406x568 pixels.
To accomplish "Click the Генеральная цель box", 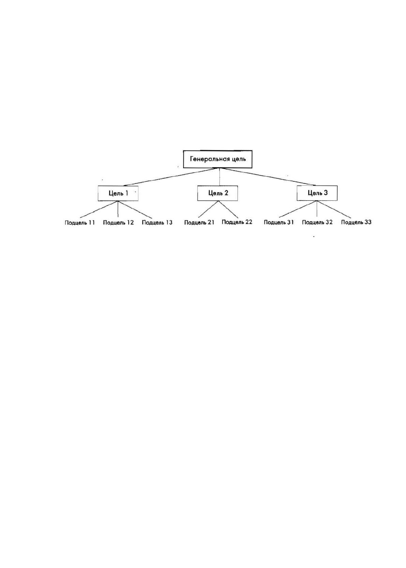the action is point(217,159).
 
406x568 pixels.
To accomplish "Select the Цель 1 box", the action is point(118,193).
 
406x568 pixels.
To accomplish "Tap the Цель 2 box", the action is point(217,193).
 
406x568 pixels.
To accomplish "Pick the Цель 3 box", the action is point(317,193).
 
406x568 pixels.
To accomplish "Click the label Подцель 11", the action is point(80,222).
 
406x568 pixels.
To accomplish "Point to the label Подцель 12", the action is point(118,222).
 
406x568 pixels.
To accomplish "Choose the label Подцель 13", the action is point(157,222).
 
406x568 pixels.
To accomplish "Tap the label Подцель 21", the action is point(199,222).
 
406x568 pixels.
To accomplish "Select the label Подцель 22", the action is point(237,222).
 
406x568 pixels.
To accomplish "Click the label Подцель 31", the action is point(279,222).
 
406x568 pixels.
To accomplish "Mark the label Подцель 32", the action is point(317,222).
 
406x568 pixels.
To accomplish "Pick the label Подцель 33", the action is point(356,222).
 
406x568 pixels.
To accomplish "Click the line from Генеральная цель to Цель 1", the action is point(171,177).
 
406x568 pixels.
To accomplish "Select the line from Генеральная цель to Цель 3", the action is point(268,177).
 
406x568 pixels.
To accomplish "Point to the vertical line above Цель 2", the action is point(220,177).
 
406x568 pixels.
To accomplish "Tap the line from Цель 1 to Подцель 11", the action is point(99,209).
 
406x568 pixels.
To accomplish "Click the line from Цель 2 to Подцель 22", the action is point(228,209).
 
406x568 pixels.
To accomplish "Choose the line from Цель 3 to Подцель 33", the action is point(334,209).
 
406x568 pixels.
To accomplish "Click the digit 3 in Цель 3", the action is point(326,193).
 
